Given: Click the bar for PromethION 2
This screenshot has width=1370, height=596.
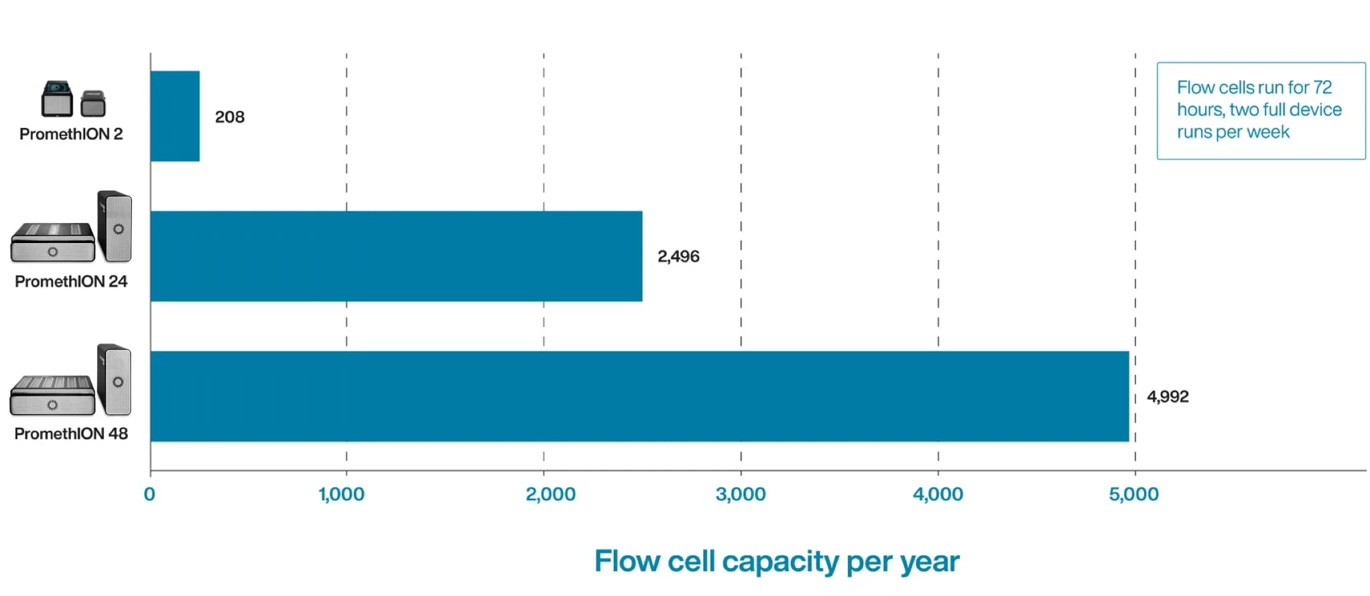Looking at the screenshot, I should pos(175,116).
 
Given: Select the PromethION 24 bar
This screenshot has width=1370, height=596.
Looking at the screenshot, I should pos(395,256).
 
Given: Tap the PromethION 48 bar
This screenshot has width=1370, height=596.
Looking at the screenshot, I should pos(639,396).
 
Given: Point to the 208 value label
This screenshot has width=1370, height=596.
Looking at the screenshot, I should pos(229,117).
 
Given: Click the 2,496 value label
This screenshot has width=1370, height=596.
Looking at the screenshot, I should pos(678,256).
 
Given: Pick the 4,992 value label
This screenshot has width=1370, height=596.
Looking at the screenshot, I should pos(1167,396).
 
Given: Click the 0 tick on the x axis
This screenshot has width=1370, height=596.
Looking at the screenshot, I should pos(149,494).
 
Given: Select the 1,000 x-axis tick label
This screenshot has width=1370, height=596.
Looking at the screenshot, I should pos(342,494).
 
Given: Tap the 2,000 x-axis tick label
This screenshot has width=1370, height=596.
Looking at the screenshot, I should pos(550,494).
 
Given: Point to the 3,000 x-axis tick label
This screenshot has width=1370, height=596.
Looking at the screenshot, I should pos(740,494).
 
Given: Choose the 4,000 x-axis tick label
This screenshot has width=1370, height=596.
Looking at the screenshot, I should pos(937,494).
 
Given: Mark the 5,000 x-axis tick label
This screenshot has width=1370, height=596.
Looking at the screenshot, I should pos(1133,494).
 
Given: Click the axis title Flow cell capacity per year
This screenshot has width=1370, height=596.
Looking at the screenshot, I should pos(776,561).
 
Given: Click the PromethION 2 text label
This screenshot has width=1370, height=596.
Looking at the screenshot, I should pos(71,134).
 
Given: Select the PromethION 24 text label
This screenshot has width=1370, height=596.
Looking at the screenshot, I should pos(71,281).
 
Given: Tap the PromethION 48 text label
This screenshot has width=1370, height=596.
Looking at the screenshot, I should pos(71,433).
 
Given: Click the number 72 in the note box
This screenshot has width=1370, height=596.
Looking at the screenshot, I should pos(1322,88).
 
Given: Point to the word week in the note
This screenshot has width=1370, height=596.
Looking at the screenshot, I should pos(1267,132).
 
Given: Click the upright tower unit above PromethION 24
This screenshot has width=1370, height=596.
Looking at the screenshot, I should pos(115,226).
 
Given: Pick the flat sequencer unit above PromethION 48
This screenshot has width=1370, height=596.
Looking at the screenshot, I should pos(52,395).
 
